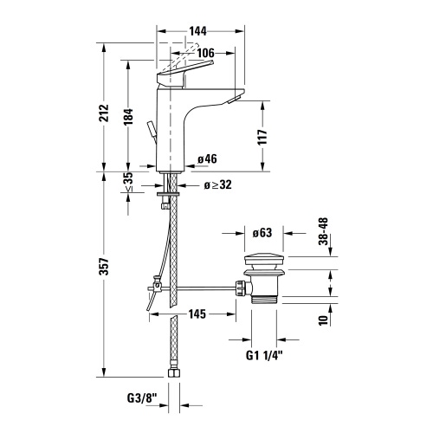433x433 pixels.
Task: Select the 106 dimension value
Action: [204, 53]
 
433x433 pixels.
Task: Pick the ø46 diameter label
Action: [207, 159]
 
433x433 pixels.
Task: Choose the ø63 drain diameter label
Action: [263, 233]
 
